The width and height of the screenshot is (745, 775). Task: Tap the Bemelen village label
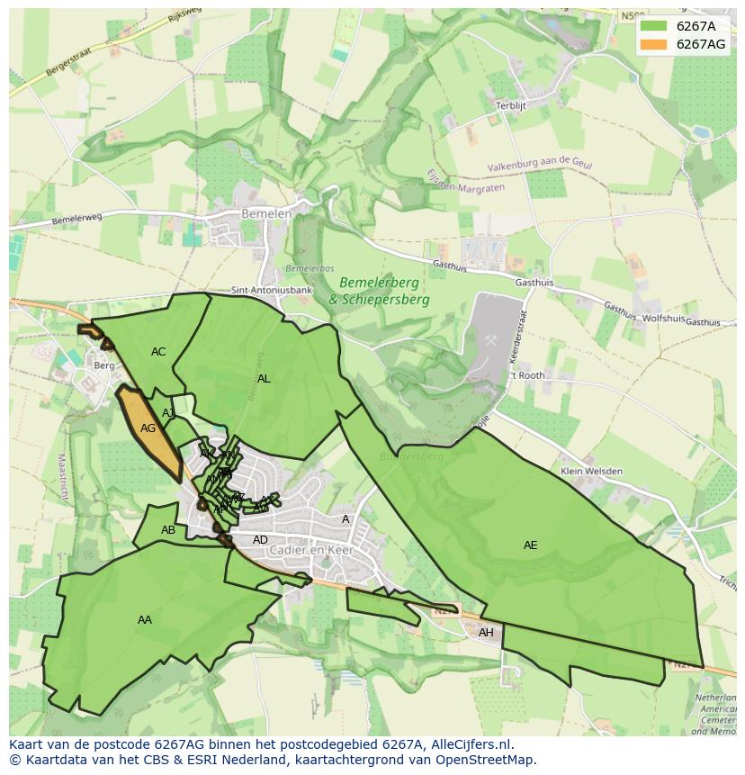pyautogui.click(x=266, y=214)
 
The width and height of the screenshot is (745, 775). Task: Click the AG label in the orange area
pyautogui.click(x=148, y=428)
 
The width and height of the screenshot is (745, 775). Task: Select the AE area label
pyautogui.click(x=530, y=545)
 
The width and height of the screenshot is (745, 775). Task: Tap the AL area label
pyautogui.click(x=264, y=379)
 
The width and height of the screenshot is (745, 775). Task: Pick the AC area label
pyautogui.click(x=158, y=352)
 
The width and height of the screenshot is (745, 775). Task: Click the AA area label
pyautogui.click(x=145, y=620)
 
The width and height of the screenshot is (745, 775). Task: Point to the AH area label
pyautogui.click(x=486, y=633)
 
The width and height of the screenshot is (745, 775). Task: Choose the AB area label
pyautogui.click(x=168, y=530)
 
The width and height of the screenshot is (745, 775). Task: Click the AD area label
pyautogui.click(x=260, y=540)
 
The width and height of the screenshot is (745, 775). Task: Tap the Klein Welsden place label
pyautogui.click(x=590, y=471)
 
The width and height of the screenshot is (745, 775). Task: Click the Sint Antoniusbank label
pyautogui.click(x=272, y=291)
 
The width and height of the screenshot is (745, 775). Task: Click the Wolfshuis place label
pyautogui.click(x=664, y=319)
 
